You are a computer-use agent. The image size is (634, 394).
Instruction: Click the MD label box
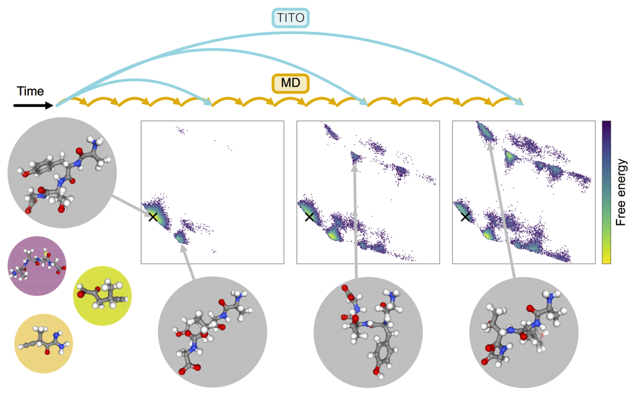click(x=291, y=83)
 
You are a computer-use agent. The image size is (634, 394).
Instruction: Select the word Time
click(x=31, y=91)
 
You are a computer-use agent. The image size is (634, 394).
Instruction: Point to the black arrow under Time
click(x=32, y=106)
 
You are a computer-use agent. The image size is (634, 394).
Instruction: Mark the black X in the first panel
click(x=153, y=217)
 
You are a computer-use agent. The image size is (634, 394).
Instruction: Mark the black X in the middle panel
click(x=309, y=217)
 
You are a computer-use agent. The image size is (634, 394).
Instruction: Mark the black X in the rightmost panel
click(x=465, y=217)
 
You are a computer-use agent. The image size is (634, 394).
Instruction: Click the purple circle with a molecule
click(x=37, y=266)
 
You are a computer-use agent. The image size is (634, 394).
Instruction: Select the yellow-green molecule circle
click(x=102, y=296)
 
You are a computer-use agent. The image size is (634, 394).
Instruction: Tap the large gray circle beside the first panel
click(x=62, y=172)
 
